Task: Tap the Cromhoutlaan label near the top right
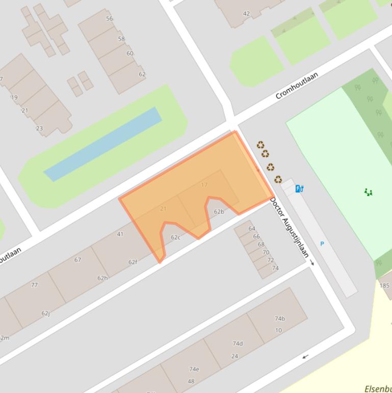coord(297,85)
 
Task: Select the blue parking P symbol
coord(322,244)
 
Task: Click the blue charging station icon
coord(299,189)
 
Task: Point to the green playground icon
coord(368,192)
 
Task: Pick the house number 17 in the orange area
coord(204,185)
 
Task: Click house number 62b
coord(219,212)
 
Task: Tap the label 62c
coord(175,237)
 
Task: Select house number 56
coord(110,18)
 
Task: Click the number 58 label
coord(121,39)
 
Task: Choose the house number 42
coord(247,14)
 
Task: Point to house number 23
coord(39,128)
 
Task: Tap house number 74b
coord(280,318)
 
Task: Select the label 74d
coord(238,343)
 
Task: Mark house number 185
coord(384,285)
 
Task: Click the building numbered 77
coord(34,285)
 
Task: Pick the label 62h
coord(102,278)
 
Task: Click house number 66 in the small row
coord(256,236)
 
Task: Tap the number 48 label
coord(191,381)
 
